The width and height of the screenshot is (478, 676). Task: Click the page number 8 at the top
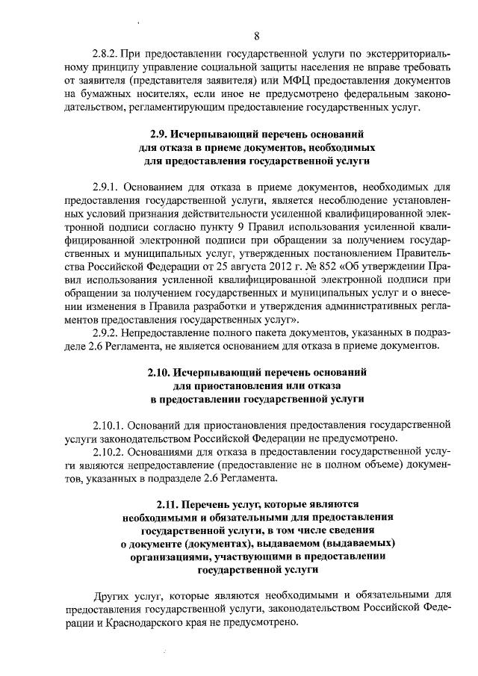point(257,36)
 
